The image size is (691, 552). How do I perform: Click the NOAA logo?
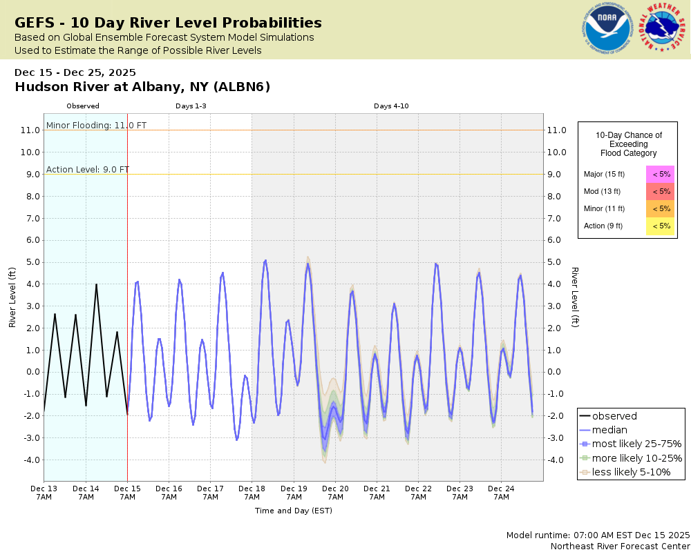pos(607,30)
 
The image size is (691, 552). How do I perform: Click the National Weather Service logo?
pos(663,29)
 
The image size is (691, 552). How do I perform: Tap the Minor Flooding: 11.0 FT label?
pos(96,126)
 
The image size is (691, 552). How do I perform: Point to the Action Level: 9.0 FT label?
pos(88,170)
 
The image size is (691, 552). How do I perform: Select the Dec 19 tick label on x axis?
pos(294,493)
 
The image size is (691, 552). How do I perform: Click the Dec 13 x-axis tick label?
pos(44,493)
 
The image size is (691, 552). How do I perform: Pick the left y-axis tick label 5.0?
pos(30,262)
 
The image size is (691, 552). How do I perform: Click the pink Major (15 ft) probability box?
pos(660,175)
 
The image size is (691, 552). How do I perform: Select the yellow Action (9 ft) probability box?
pos(660,226)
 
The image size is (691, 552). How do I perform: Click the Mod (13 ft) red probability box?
pos(660,192)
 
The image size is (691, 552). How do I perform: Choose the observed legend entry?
pos(614,416)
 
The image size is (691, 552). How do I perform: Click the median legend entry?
pos(609,430)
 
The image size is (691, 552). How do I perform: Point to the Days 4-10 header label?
pos(392,106)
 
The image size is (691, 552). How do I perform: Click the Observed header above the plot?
pos(83,106)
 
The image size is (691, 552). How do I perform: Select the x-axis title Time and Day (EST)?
pos(294,511)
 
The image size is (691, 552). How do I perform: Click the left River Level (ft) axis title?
pos(12,297)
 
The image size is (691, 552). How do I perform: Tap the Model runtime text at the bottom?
pos(598,535)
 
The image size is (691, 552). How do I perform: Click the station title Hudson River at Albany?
pos(142,87)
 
